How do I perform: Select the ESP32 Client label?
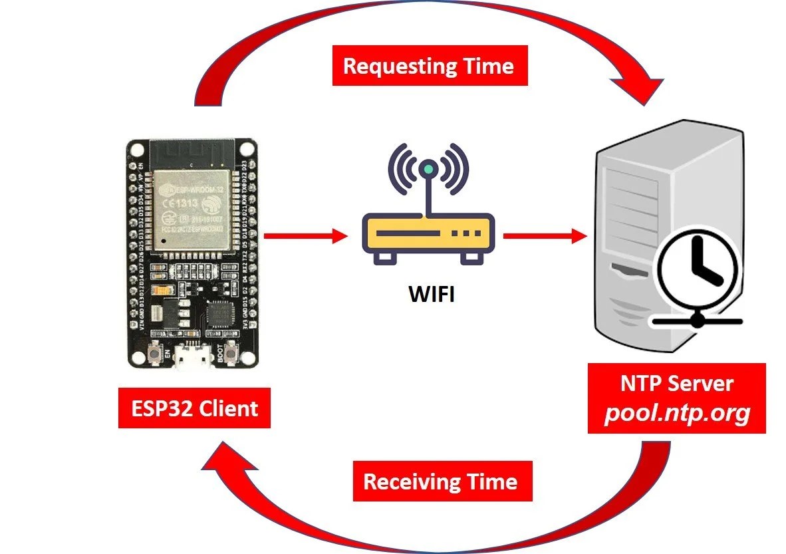tap(194, 408)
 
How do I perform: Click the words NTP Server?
tap(677, 383)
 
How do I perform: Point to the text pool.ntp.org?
tap(677, 414)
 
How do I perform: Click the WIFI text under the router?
tap(431, 293)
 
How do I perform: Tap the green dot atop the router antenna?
tap(429, 170)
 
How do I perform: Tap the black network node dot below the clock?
tap(697, 321)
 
